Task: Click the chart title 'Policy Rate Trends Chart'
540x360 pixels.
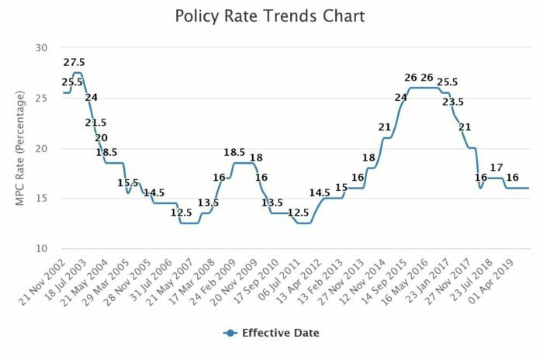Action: pyautogui.click(x=269, y=16)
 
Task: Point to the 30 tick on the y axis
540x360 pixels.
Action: pyautogui.click(x=40, y=48)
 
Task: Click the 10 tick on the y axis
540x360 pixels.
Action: pyautogui.click(x=40, y=249)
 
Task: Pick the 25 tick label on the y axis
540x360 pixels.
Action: pyautogui.click(x=40, y=99)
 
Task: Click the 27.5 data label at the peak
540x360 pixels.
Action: pyautogui.click(x=75, y=62)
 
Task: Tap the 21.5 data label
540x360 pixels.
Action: pyautogui.click(x=96, y=123)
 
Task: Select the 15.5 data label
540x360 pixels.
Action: pyautogui.click(x=128, y=183)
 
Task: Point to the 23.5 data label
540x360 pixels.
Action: pyautogui.click(x=453, y=102)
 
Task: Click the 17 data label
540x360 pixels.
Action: pyautogui.click(x=497, y=167)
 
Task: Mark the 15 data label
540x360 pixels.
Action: pyautogui.click(x=342, y=187)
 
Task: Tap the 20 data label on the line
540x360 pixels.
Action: pyautogui.click(x=101, y=137)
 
